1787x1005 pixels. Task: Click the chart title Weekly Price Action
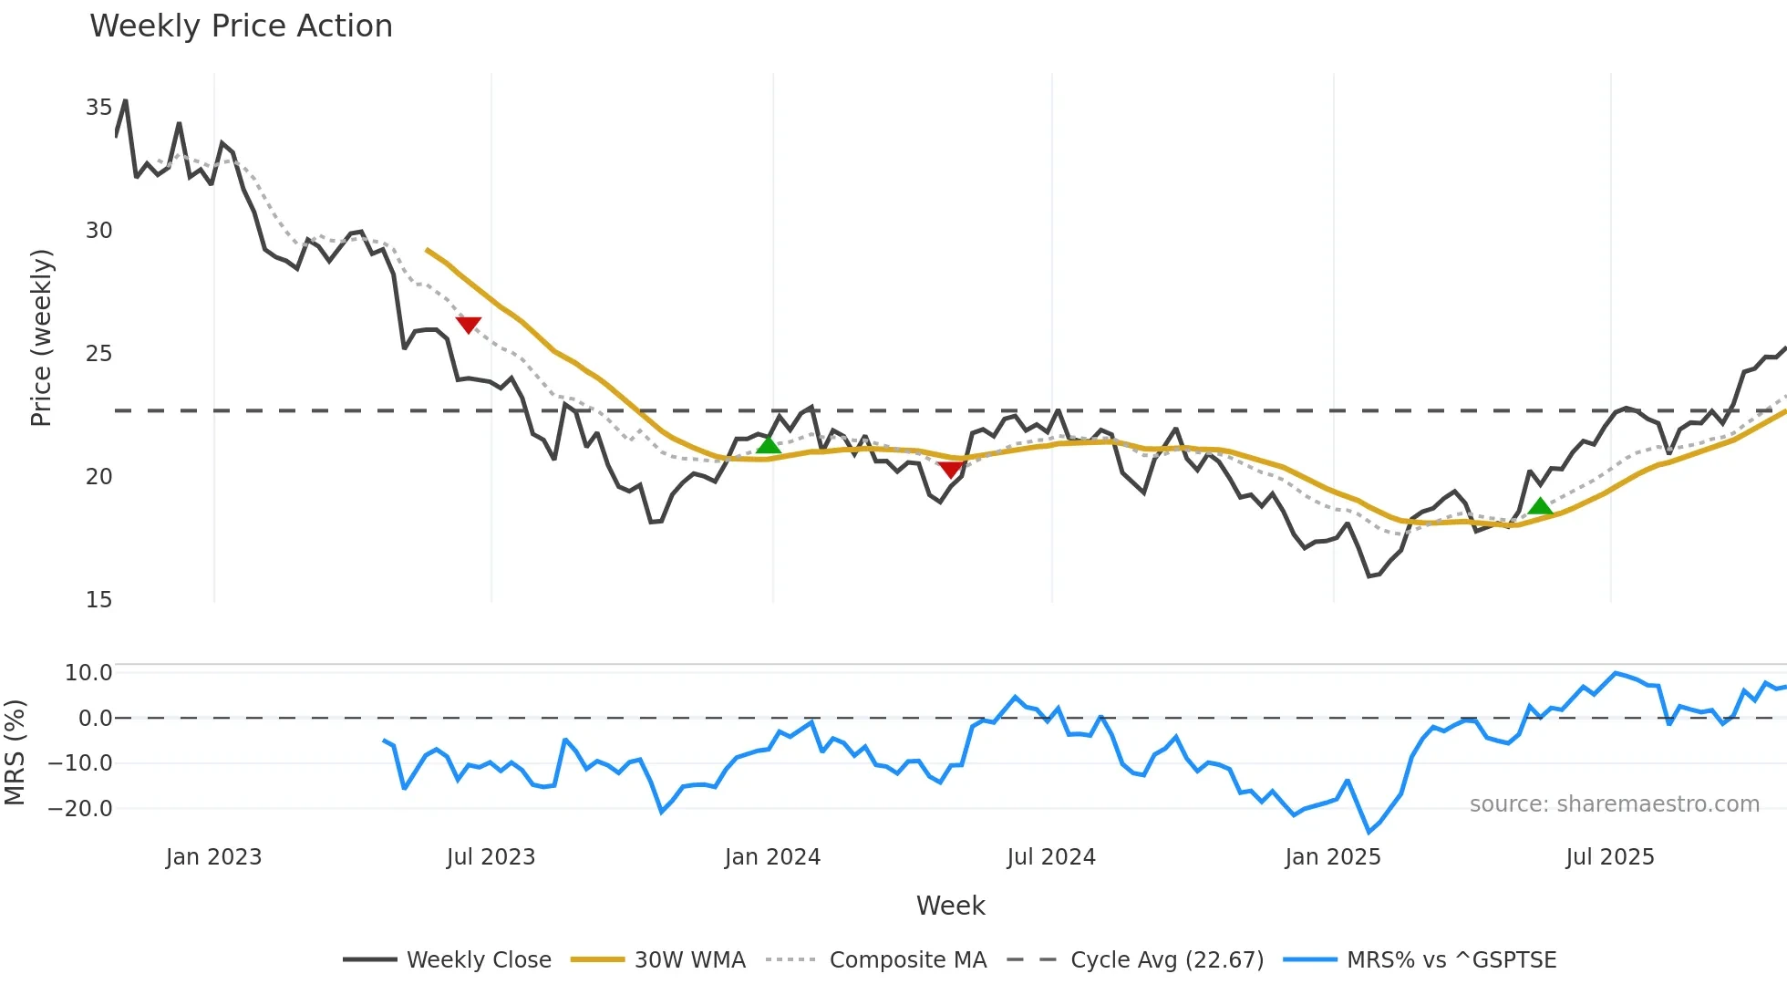241,26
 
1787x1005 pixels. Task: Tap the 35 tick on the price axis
98,108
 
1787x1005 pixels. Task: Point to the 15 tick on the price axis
98,600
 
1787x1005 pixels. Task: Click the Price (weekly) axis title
42,337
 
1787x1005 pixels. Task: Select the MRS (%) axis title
15,752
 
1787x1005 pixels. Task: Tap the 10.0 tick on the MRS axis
88,673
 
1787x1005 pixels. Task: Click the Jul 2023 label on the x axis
491,857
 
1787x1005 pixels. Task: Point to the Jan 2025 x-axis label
1332,857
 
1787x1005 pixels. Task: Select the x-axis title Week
950,906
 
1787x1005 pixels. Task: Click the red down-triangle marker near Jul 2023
468,325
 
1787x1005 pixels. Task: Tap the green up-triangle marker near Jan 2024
769,445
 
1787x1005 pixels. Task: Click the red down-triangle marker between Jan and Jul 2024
950,470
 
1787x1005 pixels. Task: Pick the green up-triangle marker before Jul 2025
1540,506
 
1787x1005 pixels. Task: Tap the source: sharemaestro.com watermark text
1614,804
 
